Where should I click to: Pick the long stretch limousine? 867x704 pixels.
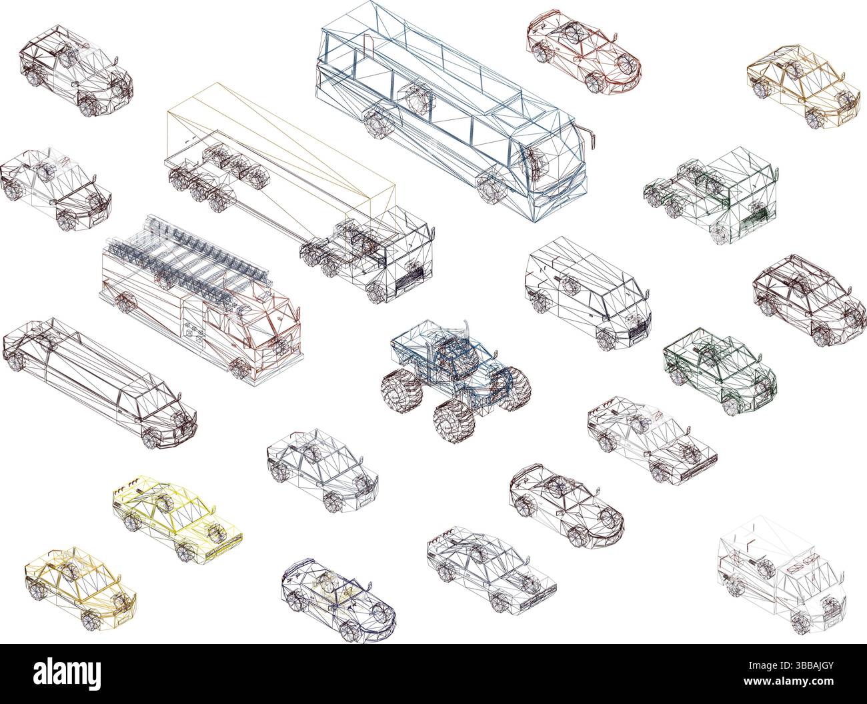[x=100, y=380]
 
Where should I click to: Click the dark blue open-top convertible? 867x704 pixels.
[x=339, y=593]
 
